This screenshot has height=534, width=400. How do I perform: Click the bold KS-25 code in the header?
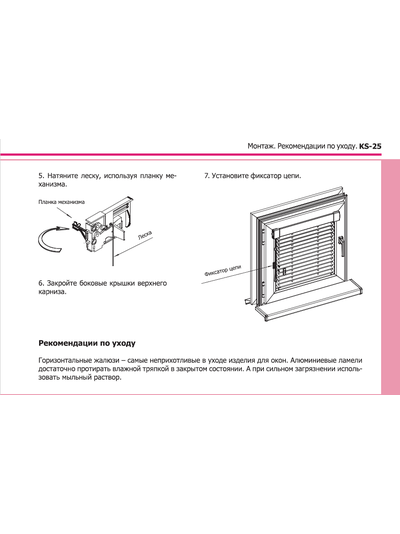click(370, 146)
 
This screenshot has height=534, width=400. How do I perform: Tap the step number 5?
click(41, 176)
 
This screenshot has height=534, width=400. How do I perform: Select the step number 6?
click(41, 283)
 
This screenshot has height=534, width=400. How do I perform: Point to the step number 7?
click(206, 176)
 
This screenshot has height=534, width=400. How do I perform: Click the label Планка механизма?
click(62, 202)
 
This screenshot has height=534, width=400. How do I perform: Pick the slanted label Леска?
click(145, 236)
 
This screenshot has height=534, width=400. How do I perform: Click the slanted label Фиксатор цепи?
click(223, 270)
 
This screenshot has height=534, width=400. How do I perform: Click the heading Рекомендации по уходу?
click(87, 343)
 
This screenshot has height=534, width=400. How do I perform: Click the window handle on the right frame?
click(341, 245)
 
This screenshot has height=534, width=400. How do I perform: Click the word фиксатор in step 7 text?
click(265, 176)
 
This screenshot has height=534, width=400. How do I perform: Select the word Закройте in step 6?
click(62, 283)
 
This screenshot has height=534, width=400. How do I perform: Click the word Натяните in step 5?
click(63, 176)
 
